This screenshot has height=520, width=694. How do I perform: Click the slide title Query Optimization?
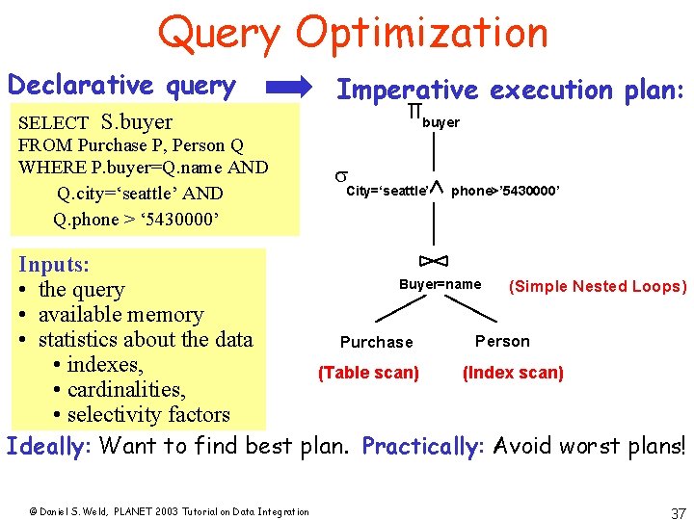point(353,32)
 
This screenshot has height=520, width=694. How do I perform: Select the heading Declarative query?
point(121,86)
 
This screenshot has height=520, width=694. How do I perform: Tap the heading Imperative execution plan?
point(510,90)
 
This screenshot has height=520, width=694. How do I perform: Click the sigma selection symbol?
point(340,176)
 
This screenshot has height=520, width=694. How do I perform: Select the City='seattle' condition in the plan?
point(387,191)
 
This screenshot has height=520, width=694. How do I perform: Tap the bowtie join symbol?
point(434,260)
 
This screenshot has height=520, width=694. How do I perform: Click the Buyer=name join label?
point(440,284)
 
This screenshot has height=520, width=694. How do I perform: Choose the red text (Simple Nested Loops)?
point(598,286)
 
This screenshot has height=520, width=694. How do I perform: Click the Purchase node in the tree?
point(376,342)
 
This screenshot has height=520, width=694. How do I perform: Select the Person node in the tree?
point(502,341)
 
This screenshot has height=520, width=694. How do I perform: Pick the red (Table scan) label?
point(368,373)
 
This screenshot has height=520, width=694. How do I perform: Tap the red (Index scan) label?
point(513,373)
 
